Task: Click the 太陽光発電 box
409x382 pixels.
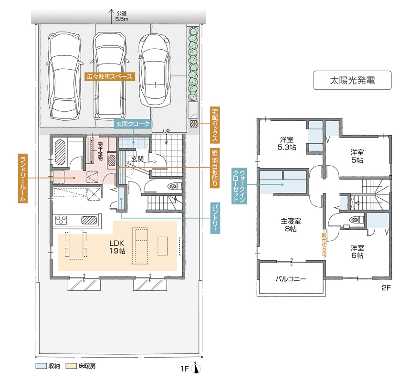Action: click(352, 80)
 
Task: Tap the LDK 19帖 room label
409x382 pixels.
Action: click(117, 247)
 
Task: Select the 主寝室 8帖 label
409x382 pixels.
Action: click(291, 225)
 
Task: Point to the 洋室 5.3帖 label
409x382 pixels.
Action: click(287, 144)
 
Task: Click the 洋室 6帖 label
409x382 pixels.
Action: click(357, 252)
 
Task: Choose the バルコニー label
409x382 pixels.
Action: click(291, 279)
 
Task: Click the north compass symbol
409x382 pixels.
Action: click(196, 368)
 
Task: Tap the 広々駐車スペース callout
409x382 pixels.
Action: click(110, 77)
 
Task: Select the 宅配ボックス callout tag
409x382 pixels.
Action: click(215, 125)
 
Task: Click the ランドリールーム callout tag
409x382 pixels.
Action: click(23, 178)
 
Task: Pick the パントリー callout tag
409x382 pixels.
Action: click(215, 218)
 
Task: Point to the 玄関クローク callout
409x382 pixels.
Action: click(133, 124)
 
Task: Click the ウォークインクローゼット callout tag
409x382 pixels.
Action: click(239, 186)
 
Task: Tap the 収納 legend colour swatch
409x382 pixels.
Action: click(41, 366)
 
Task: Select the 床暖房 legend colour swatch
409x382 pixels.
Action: click(71, 366)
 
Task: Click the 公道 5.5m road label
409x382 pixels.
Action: click(122, 16)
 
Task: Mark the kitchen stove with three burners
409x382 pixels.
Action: click(61, 220)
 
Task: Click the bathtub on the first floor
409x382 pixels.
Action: click(60, 152)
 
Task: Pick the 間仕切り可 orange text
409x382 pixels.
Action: click(324, 245)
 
